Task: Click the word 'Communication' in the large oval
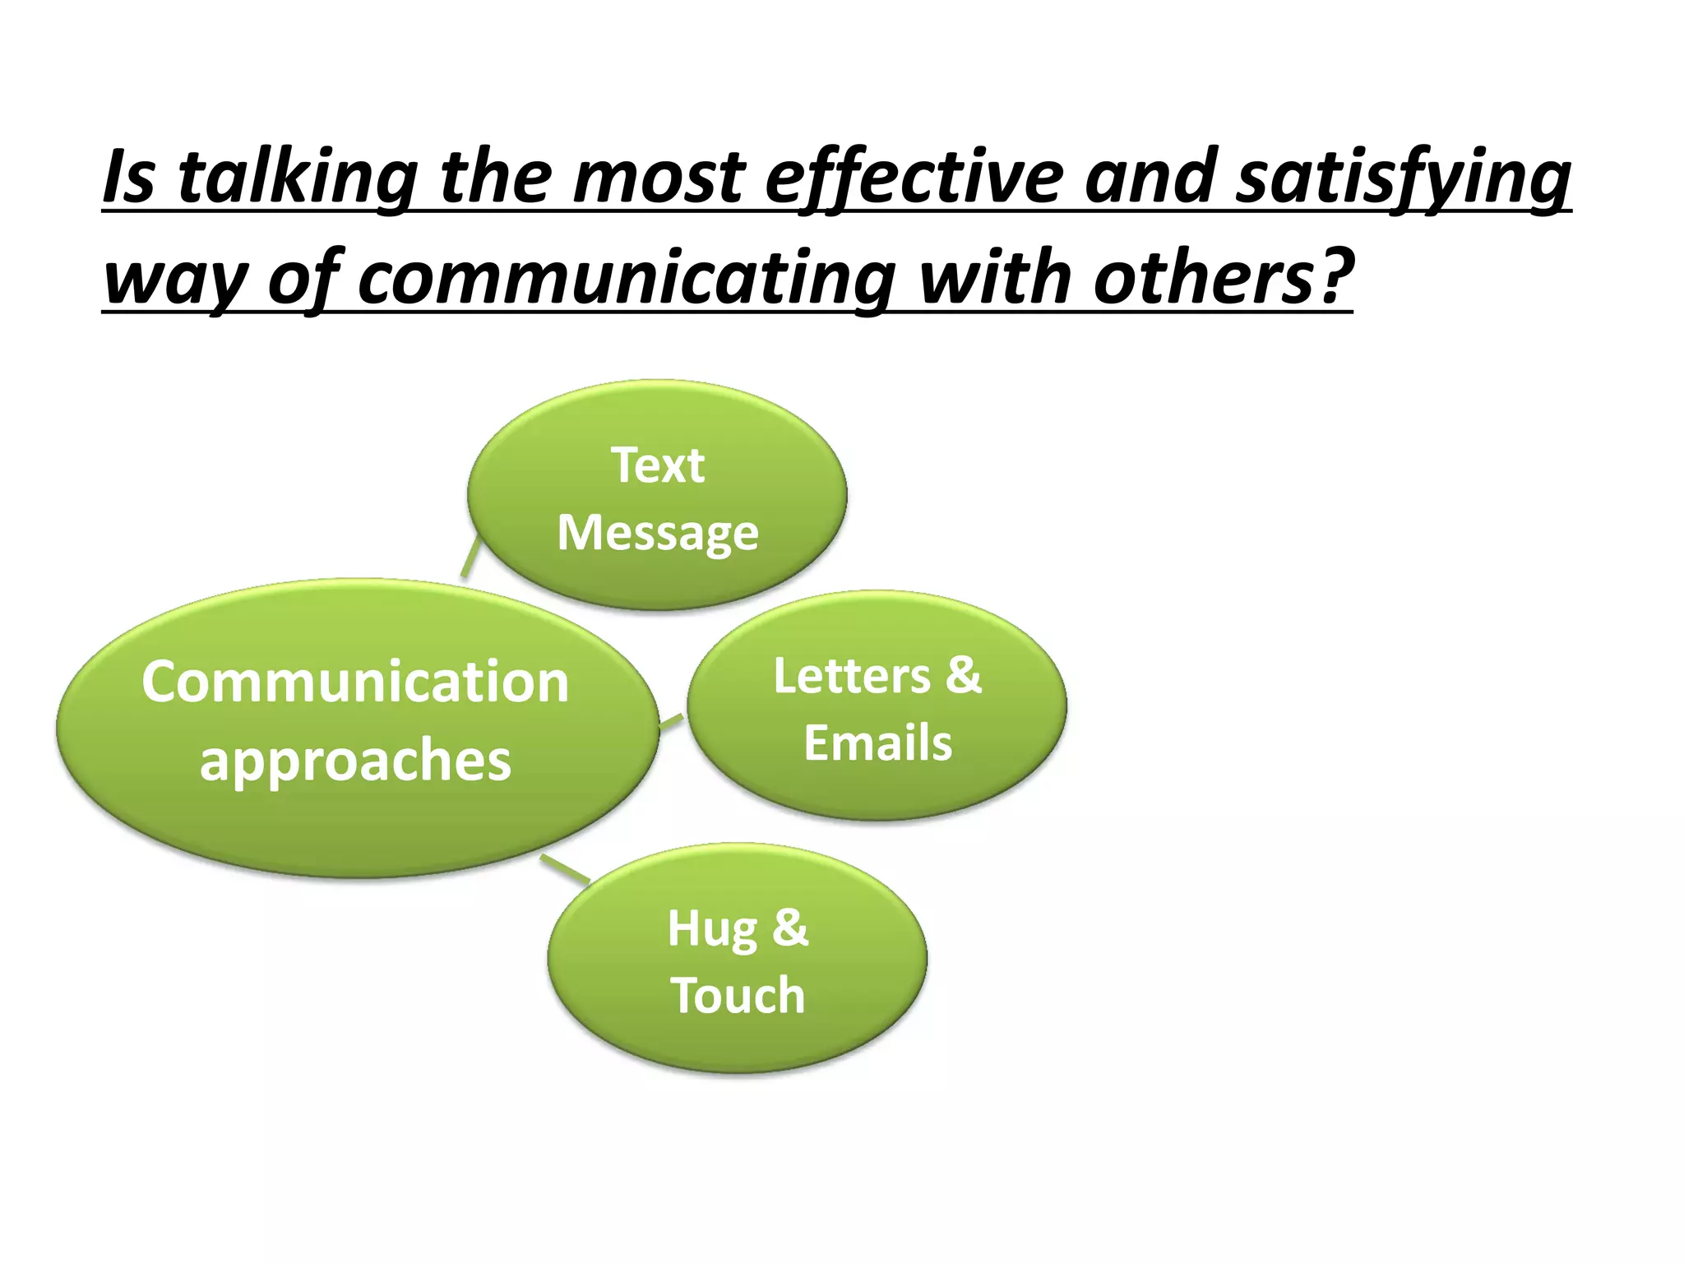coord(355,682)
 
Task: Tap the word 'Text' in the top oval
coord(657,465)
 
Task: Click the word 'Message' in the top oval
coord(657,534)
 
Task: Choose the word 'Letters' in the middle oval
coord(852,676)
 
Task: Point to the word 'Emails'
coord(877,743)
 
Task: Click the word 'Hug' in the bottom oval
coord(712,930)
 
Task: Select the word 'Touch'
coord(738,996)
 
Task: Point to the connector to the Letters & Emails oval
coord(672,723)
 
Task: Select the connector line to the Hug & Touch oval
coord(565,868)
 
